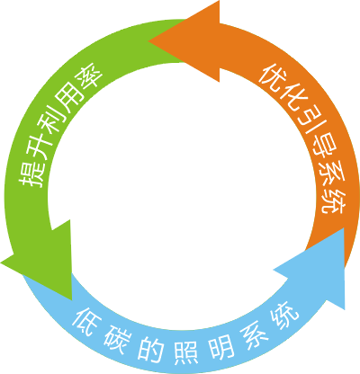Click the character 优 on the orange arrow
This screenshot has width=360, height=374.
click(x=273, y=77)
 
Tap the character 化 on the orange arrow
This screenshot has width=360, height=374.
click(x=292, y=98)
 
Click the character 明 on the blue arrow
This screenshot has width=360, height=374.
click(x=221, y=347)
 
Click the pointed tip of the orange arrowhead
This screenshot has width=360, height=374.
click(x=148, y=41)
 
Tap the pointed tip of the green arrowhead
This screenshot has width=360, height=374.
click(x=72, y=300)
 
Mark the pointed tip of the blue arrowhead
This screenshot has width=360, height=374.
click(x=344, y=227)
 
